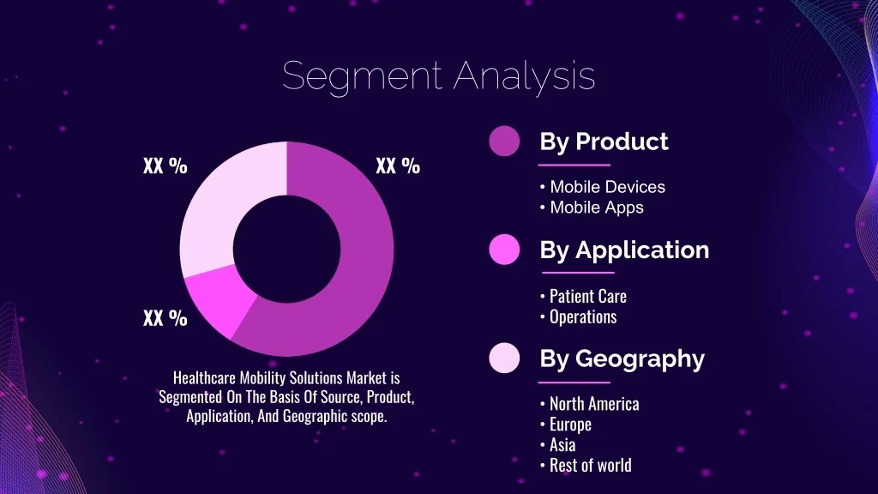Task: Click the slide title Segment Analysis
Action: click(x=438, y=75)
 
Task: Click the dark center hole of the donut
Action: click(x=286, y=249)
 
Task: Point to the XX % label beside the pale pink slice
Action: click(x=165, y=166)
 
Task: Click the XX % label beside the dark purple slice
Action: click(x=398, y=166)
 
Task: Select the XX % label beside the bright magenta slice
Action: click(x=165, y=318)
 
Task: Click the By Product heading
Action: click(x=604, y=142)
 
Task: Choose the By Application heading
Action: click(x=624, y=250)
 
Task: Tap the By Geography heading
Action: click(x=622, y=359)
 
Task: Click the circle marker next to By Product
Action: click(x=504, y=141)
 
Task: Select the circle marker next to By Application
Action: click(x=504, y=250)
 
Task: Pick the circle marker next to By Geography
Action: click(x=504, y=358)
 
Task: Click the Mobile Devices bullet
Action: click(x=603, y=187)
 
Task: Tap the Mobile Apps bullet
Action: click(x=592, y=208)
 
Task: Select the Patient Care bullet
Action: click(x=583, y=296)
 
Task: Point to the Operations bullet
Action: click(x=578, y=317)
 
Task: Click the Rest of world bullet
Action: click(x=586, y=466)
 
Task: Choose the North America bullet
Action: click(x=589, y=404)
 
